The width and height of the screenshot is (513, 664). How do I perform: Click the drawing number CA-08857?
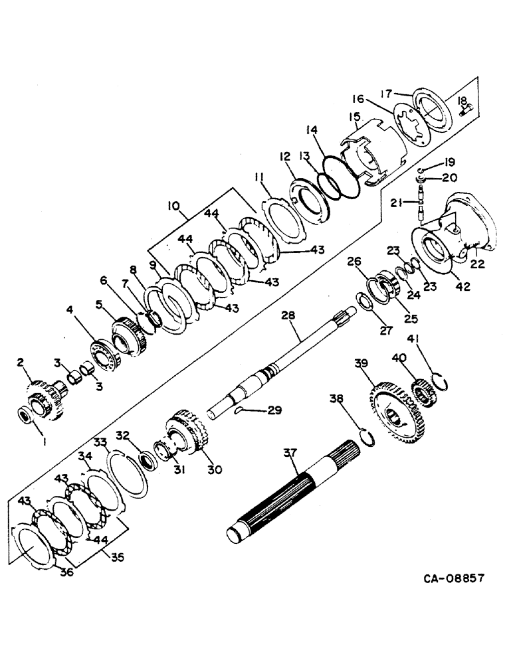click(455, 578)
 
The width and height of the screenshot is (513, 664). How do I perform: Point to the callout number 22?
click(477, 263)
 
